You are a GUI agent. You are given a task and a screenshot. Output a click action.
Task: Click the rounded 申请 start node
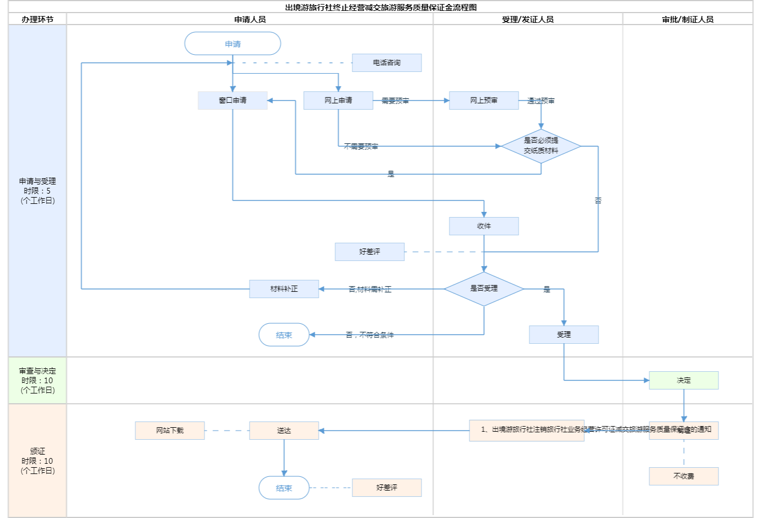point(232,43)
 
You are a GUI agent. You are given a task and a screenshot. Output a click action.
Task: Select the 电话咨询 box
point(387,63)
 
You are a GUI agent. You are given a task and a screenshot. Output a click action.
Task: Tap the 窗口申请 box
point(232,101)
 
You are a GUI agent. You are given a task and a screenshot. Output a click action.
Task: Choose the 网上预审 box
point(484,101)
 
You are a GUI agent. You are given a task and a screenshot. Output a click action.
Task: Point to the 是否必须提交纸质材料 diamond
point(541,146)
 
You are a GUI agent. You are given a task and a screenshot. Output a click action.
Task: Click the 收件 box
point(484,226)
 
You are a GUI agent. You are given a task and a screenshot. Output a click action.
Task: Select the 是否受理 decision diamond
point(484,289)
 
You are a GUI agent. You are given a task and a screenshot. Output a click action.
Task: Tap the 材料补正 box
point(284,289)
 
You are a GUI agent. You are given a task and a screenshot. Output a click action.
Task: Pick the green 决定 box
point(684,380)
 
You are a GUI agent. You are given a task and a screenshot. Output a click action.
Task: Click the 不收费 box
point(684,476)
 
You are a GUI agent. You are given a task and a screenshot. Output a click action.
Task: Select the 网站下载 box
point(170,431)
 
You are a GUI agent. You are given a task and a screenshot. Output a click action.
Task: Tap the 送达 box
point(284,431)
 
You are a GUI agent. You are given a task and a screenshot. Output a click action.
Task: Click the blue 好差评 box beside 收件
point(370,252)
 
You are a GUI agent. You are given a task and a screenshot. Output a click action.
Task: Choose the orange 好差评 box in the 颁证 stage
point(387,488)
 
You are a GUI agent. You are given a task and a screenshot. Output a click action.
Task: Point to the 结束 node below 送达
point(284,488)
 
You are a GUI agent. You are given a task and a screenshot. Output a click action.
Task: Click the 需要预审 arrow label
point(395,101)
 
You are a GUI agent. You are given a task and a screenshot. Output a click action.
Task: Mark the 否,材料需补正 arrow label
point(370,290)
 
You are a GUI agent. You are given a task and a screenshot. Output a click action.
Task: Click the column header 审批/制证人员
point(688,19)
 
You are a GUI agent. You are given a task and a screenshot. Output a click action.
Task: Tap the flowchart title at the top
point(381,7)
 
